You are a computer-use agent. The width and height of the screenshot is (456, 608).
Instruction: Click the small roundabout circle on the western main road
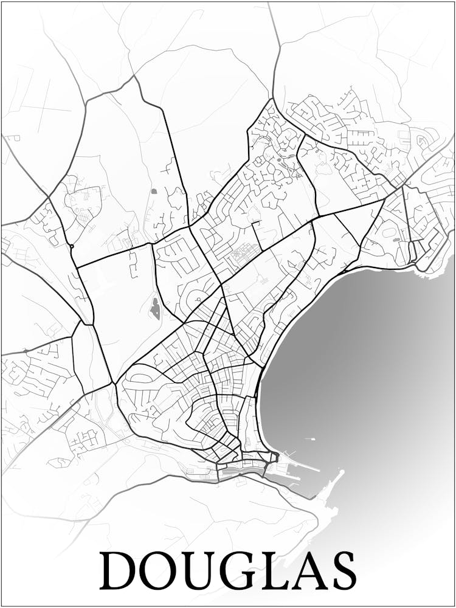coord(72,246)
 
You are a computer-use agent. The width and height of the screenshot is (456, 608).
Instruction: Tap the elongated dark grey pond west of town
coord(156,309)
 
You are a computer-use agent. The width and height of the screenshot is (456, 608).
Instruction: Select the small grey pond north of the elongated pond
coord(153,192)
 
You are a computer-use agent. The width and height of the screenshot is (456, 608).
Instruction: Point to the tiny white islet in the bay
coord(313,438)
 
